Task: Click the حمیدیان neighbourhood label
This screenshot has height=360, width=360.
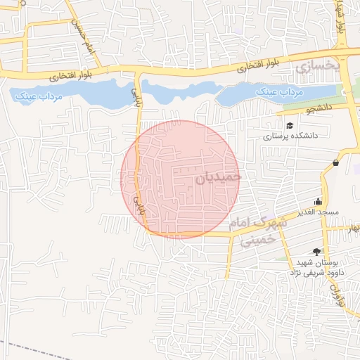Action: [x=218, y=177]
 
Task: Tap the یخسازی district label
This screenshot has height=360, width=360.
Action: [x=317, y=67]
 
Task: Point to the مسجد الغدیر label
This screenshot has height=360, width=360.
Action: [x=318, y=212]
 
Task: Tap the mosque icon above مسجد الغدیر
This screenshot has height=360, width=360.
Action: [x=318, y=201]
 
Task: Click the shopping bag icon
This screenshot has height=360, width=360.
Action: [x=335, y=163]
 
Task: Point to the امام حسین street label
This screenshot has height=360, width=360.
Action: [x=79, y=33]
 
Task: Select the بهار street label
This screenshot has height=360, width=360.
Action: [x=352, y=228]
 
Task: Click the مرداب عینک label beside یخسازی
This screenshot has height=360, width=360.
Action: [x=278, y=92]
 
